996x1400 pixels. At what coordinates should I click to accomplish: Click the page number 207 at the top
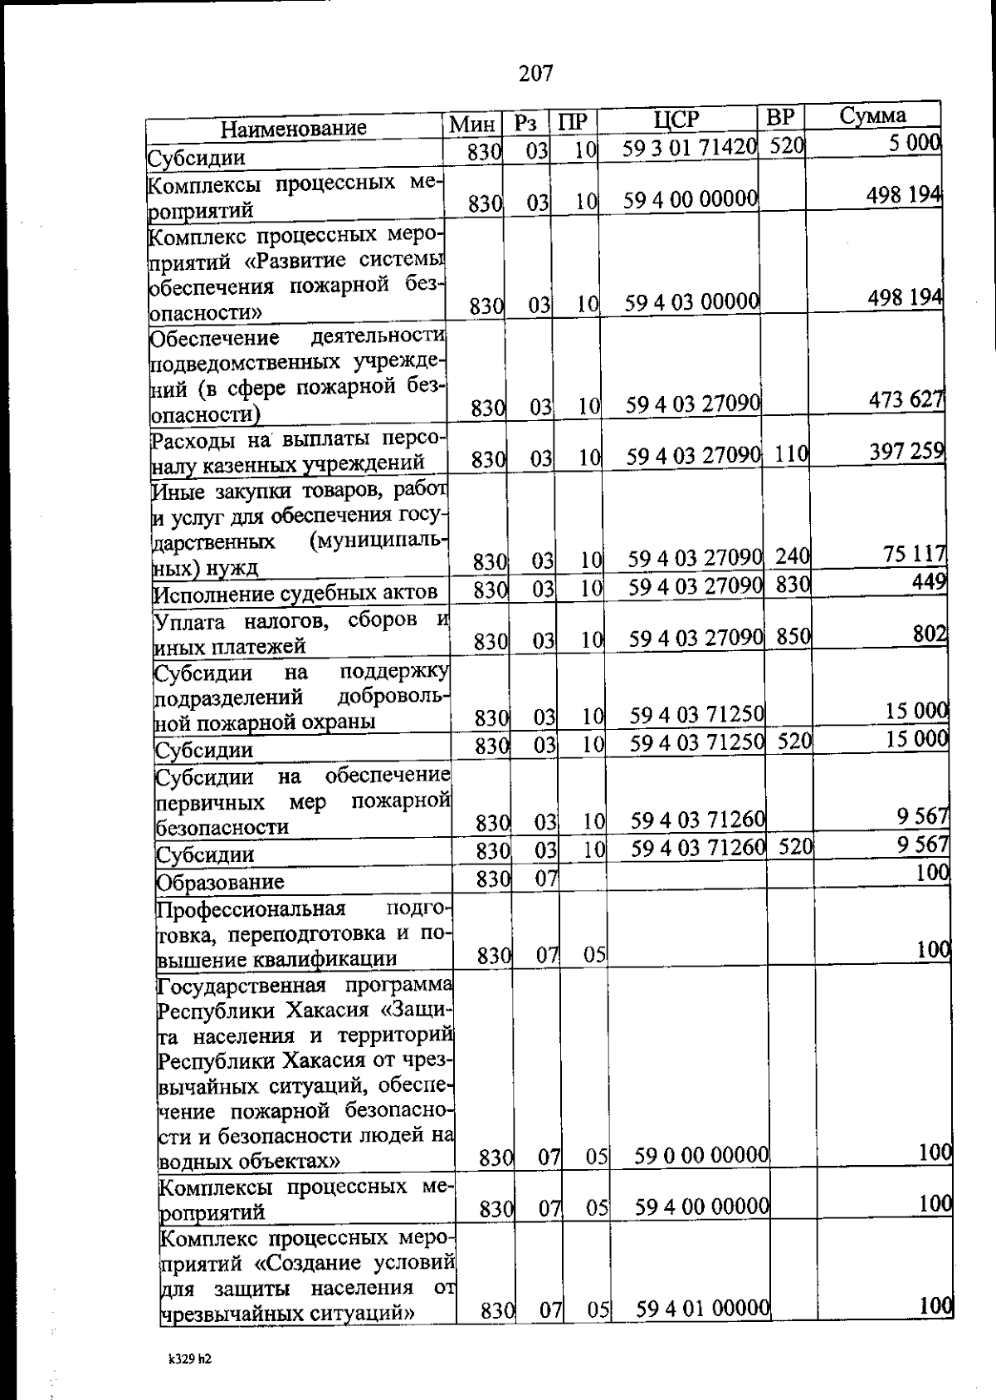535,74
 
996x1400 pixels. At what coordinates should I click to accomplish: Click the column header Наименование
293,128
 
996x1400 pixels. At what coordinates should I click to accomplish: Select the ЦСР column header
676,120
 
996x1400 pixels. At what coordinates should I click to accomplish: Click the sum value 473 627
906,400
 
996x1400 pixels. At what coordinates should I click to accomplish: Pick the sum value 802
930,634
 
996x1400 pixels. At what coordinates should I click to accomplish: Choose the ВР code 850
793,636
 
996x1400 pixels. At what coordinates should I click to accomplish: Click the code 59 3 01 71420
690,147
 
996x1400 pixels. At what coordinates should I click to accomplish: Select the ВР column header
780,117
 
